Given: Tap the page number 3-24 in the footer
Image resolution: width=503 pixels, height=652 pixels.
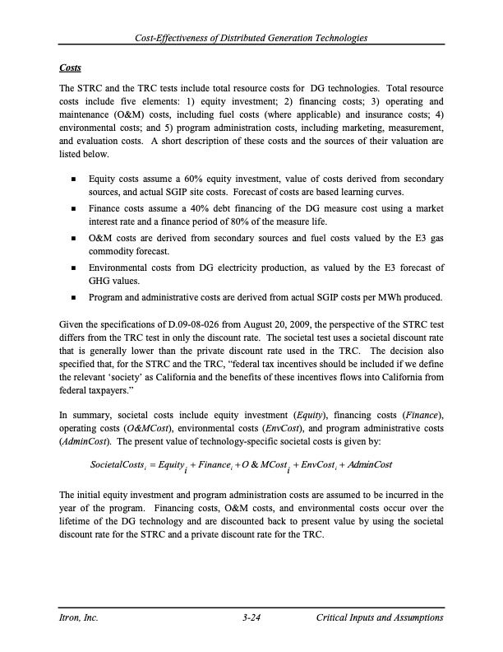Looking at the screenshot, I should coord(251,617).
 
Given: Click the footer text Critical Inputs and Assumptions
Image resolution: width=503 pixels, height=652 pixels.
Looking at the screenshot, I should coord(379,617).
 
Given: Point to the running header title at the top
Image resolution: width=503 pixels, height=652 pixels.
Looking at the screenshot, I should coord(251,39).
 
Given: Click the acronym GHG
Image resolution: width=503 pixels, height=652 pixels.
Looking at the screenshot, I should coord(101,282).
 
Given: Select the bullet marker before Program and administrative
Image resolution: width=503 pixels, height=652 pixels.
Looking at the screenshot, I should coord(75,297).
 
